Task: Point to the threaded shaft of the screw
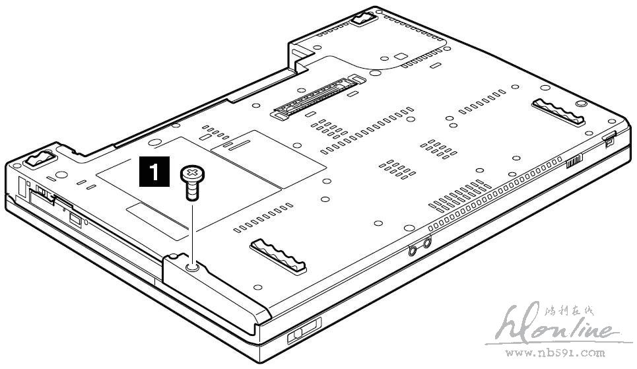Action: coord(191,191)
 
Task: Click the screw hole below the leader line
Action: coord(191,267)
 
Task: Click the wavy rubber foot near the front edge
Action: coord(278,253)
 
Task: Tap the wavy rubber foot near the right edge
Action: coord(559,112)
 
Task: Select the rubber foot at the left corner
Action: coord(40,158)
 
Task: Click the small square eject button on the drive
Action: coord(74,218)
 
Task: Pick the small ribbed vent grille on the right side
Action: coord(575,162)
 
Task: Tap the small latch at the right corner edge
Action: coord(610,137)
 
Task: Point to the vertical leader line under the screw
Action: coord(191,231)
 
